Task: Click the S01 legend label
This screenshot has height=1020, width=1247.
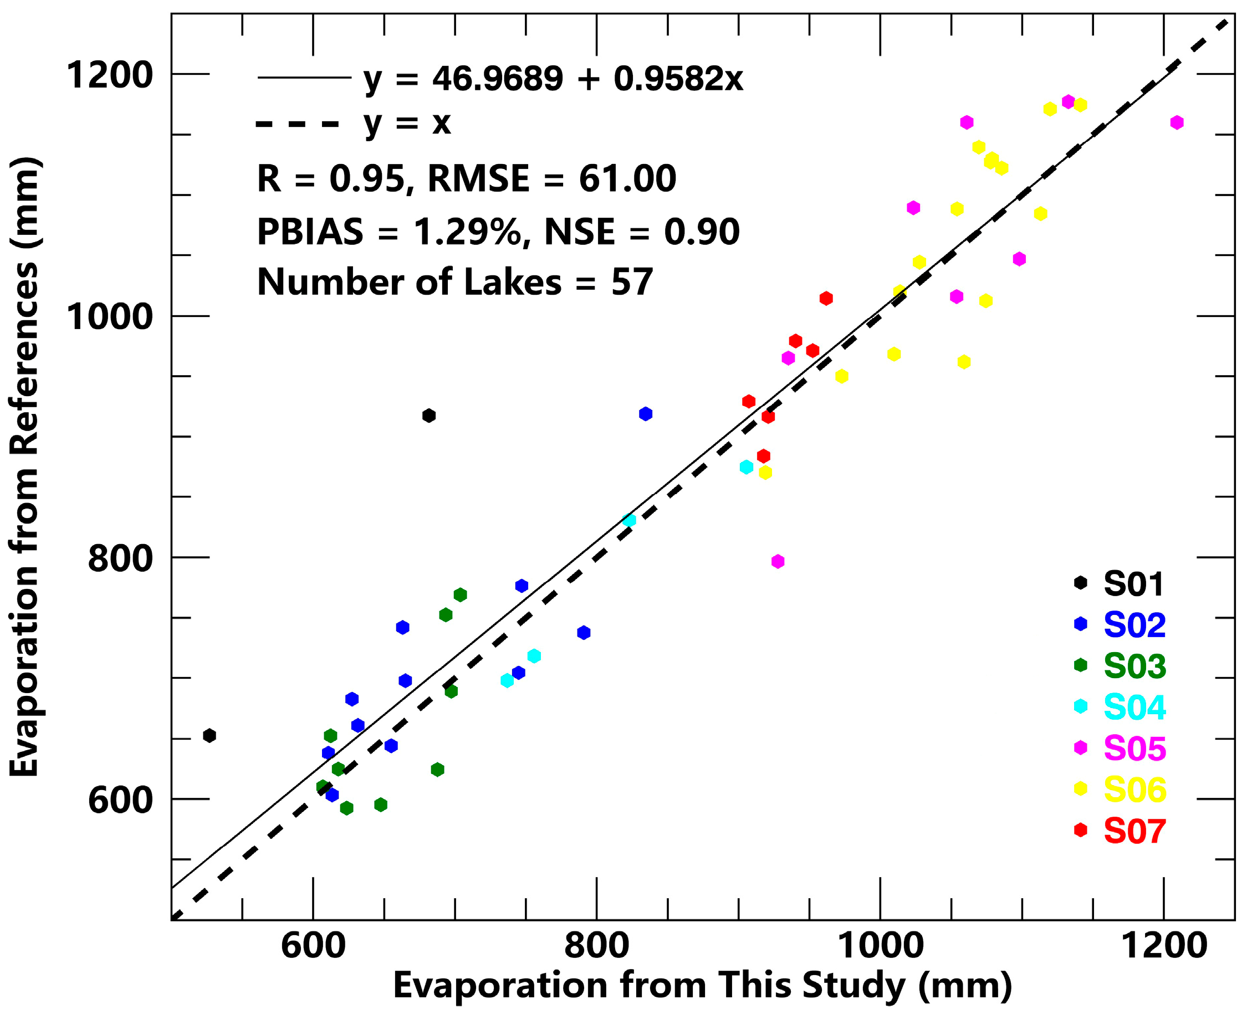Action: coord(1133,583)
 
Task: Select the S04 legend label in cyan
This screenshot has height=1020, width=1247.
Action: coord(1134,707)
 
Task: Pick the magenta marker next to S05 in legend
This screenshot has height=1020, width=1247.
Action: coord(1080,747)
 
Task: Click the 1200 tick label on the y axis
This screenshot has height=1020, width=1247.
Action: coord(109,75)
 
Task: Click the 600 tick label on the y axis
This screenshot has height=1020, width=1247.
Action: coord(120,799)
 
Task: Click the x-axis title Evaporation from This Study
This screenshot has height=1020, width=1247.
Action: coord(702,986)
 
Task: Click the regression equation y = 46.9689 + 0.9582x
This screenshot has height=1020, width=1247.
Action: coord(553,78)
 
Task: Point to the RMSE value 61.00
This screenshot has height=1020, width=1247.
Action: coord(627,178)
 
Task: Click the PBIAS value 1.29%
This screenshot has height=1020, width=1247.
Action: coord(467,231)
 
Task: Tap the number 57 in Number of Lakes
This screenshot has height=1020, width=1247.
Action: coord(632,282)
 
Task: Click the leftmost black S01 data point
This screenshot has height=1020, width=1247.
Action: coord(209,736)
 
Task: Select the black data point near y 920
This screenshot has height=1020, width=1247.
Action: coord(429,416)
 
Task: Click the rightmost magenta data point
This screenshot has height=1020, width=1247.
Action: coord(1177,122)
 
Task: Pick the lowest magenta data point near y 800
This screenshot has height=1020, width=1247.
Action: coord(778,561)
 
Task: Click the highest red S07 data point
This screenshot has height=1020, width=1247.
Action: coord(826,299)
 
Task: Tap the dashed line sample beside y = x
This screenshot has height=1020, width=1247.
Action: coord(298,124)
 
